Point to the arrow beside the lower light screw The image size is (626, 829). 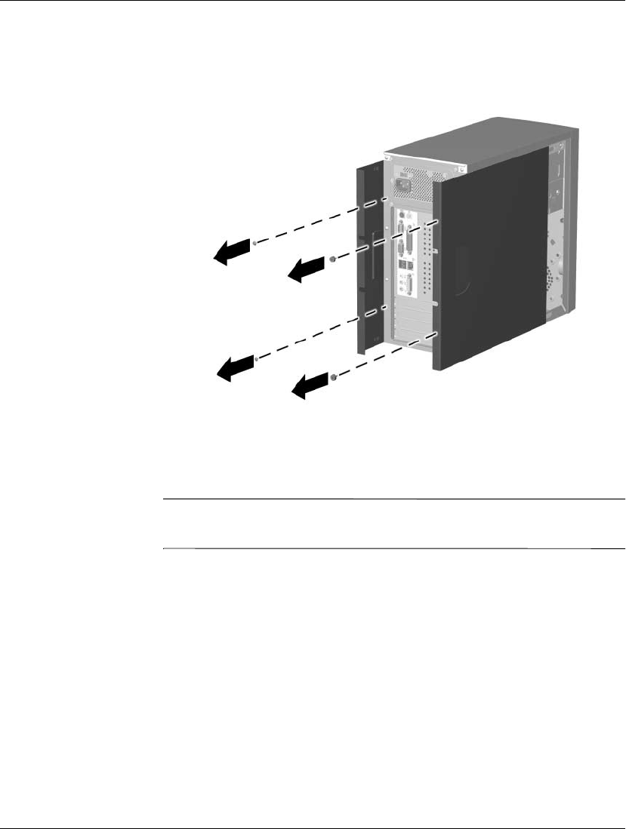point(235,367)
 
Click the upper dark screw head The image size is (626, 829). point(333,259)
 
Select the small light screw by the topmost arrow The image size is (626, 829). point(257,243)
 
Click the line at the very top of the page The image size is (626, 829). point(313,1)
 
